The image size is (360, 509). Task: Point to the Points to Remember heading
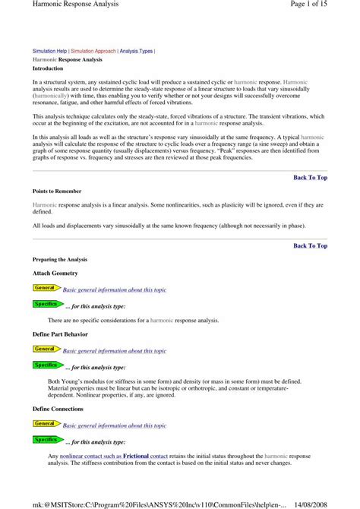[x=57, y=191]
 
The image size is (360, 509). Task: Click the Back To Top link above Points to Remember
[x=310, y=177]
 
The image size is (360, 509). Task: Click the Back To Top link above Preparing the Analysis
[x=310, y=245]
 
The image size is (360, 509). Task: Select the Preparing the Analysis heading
[x=60, y=259]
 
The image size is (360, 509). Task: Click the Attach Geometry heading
[x=55, y=272]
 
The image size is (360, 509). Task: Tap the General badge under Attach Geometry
[x=45, y=288]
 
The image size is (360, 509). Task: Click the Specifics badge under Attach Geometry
[x=46, y=304]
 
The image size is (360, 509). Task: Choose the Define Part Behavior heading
[x=60, y=334]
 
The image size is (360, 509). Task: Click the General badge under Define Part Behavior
[x=45, y=349]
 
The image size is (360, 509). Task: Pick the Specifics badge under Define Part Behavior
[x=46, y=365]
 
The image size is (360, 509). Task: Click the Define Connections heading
[x=58, y=409]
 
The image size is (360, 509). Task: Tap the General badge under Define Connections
[x=45, y=423]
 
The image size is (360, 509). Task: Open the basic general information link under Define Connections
[x=114, y=425]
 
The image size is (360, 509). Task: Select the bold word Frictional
[x=136, y=456]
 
